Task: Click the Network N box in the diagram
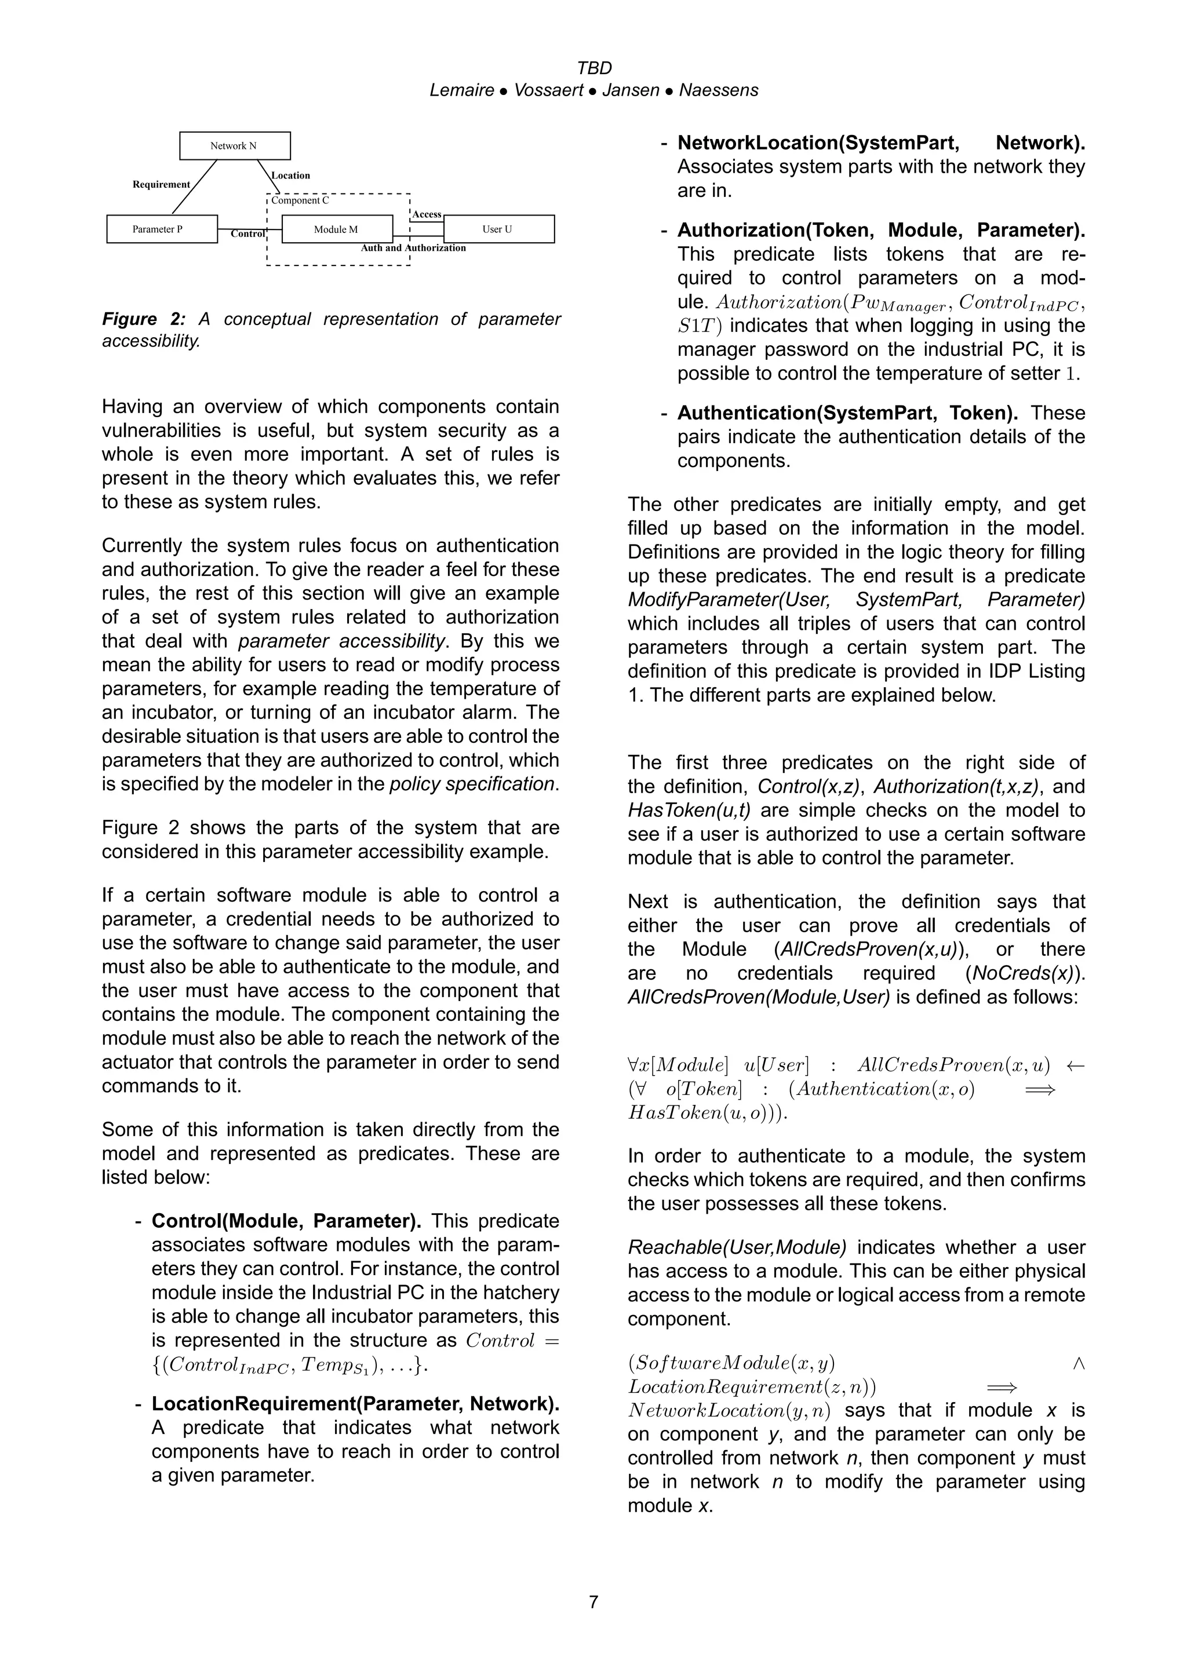pyautogui.click(x=235, y=145)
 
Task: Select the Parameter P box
pyautogui.click(x=162, y=229)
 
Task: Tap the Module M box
pyautogui.click(x=336, y=229)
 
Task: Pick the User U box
pyautogui.click(x=498, y=229)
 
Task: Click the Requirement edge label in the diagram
pyautogui.click(x=161, y=184)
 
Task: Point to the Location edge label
pyautogui.click(x=290, y=176)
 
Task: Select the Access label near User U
pyautogui.click(x=427, y=214)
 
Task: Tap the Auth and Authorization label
pyautogui.click(x=413, y=248)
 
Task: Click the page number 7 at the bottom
pyautogui.click(x=593, y=1602)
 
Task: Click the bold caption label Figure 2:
pyautogui.click(x=144, y=319)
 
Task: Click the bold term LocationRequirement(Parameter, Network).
pyautogui.click(x=355, y=1403)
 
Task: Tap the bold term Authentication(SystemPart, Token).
pyautogui.click(x=847, y=413)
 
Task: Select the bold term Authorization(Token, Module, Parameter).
pyautogui.click(x=880, y=231)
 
